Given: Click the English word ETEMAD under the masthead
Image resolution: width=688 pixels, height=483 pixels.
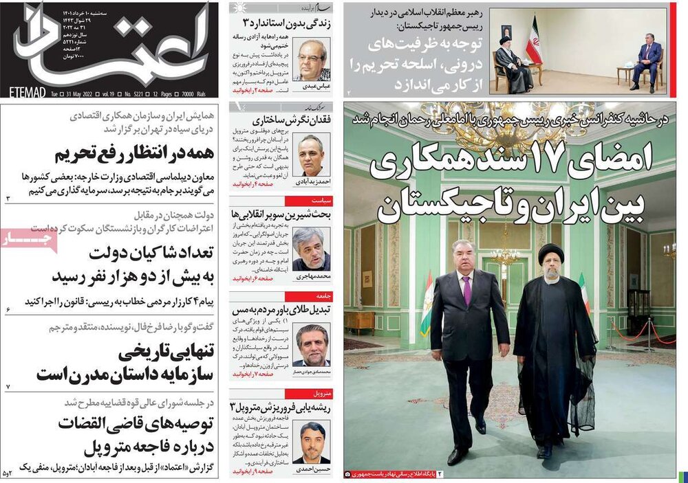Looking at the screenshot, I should click(x=28, y=91).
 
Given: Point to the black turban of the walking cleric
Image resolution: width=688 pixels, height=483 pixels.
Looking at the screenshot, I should click(x=550, y=254).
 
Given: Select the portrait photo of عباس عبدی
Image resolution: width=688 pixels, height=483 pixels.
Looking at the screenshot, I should click(x=311, y=60).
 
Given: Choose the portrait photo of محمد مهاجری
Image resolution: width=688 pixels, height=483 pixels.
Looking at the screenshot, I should click(x=311, y=249).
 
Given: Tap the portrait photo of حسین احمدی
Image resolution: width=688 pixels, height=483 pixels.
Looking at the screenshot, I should click(x=311, y=442).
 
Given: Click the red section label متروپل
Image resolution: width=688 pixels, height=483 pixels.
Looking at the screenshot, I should click(x=323, y=394).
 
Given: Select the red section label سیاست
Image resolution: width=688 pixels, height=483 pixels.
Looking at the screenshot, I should click(x=323, y=200).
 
